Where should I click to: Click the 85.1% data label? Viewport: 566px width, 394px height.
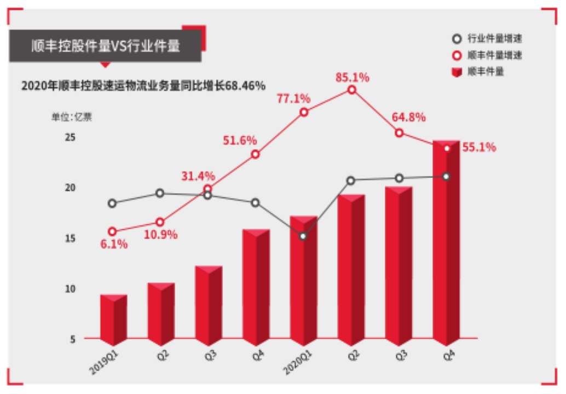coord(353,77)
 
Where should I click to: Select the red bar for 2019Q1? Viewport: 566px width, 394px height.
coord(114,320)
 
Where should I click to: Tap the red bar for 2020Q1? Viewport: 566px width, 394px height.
coord(304,281)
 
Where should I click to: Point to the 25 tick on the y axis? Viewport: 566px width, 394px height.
coord(70,137)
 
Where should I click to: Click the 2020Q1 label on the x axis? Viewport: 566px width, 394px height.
coord(297,363)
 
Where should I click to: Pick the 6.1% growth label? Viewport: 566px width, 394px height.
coord(114,244)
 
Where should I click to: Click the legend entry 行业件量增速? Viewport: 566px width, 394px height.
coord(487,39)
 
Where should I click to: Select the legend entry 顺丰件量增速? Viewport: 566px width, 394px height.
coord(487,55)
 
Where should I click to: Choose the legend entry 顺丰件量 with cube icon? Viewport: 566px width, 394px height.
coord(478,72)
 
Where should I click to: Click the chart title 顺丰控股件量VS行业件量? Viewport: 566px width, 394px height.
coord(106,46)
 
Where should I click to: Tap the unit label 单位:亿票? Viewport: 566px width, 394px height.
coord(72,117)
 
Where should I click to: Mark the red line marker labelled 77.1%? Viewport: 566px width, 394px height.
coord(304,113)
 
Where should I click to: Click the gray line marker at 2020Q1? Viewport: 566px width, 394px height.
coord(303,236)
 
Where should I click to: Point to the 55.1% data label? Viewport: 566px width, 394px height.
coord(480,147)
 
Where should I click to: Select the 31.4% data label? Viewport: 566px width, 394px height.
coord(198,176)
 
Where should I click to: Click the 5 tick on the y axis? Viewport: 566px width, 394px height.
coord(73,339)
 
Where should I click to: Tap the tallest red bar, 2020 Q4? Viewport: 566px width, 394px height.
coord(446,243)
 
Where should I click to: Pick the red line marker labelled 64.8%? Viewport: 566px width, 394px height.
coord(399,133)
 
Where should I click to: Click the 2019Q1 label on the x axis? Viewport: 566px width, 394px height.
coord(104,363)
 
